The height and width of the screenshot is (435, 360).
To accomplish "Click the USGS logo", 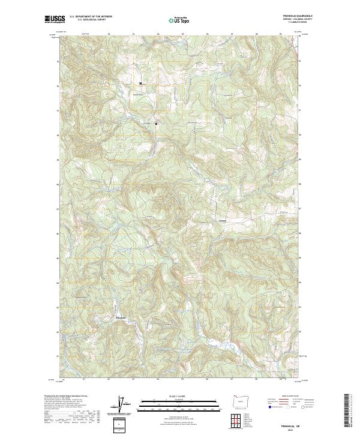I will (x=55, y=19).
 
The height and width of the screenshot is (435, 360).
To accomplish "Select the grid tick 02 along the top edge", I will (x=109, y=34).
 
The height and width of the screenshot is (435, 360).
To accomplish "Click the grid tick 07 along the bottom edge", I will (x=232, y=379).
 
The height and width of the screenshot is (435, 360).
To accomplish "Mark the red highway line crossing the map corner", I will (x=298, y=53).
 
